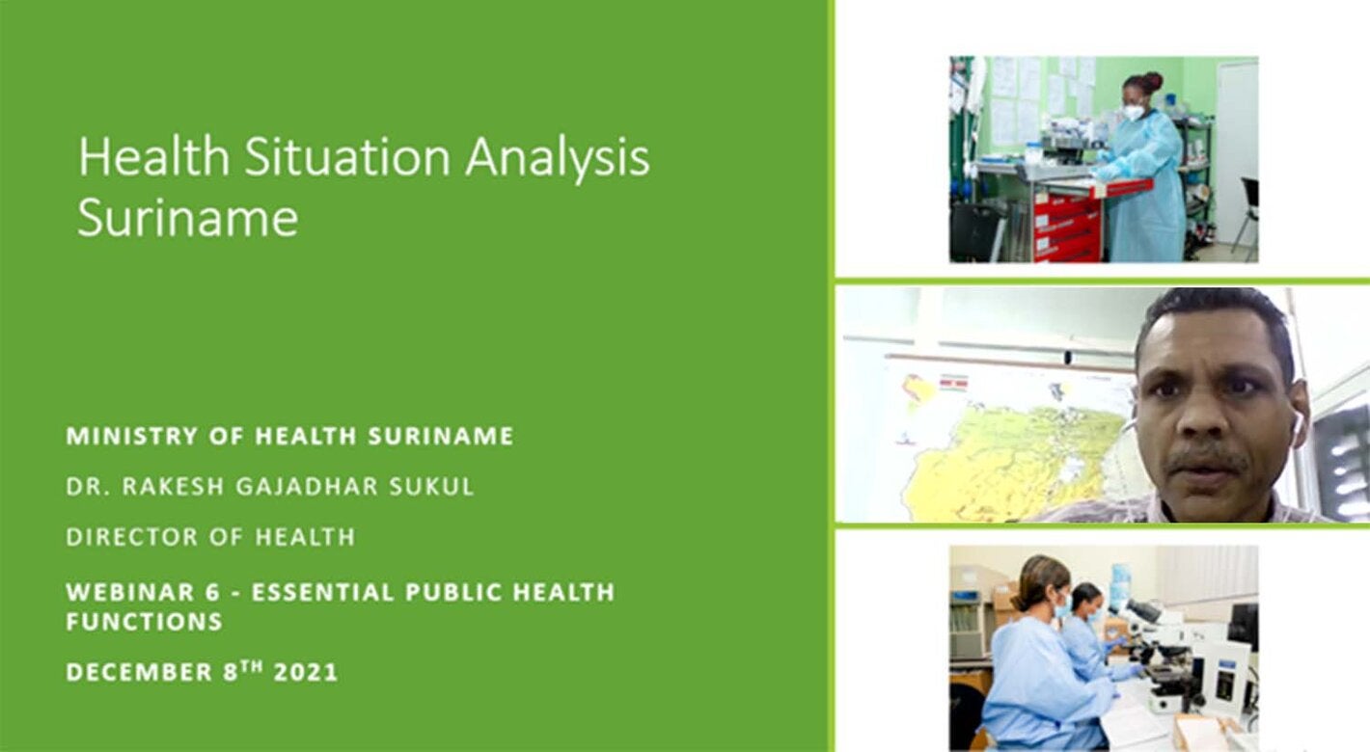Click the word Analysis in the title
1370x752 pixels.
point(558,158)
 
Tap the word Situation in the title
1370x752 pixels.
point(347,156)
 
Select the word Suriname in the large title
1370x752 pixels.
point(188,218)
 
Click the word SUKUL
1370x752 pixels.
point(432,486)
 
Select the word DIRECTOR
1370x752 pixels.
point(132,537)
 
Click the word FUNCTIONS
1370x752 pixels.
point(145,621)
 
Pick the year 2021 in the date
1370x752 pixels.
point(306,673)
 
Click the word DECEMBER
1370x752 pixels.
point(139,673)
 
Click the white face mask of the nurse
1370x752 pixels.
point(1133,112)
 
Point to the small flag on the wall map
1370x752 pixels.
point(952,383)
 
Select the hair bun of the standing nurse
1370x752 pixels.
point(1152,81)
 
